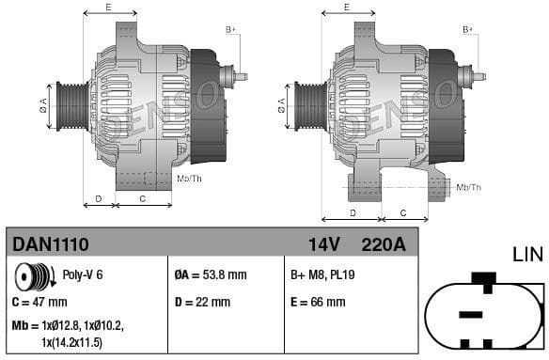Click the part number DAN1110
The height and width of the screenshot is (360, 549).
point(51,244)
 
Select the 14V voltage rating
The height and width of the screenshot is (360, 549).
point(323,244)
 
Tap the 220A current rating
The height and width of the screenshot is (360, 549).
point(384,244)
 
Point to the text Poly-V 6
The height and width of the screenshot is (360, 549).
point(82,275)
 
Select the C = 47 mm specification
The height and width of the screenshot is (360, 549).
point(40,302)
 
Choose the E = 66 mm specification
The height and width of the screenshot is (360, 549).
point(319,302)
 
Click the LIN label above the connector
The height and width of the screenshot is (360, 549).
point(528,255)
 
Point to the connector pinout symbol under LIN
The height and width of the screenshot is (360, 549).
point(483,314)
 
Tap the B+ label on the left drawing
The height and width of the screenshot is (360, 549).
point(230,30)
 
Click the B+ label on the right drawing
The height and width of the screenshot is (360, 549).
point(468,30)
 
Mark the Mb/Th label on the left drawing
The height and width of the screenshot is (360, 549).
point(189,178)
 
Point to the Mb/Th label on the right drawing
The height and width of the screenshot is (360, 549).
point(468,187)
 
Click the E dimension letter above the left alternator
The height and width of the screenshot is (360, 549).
point(108,8)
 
